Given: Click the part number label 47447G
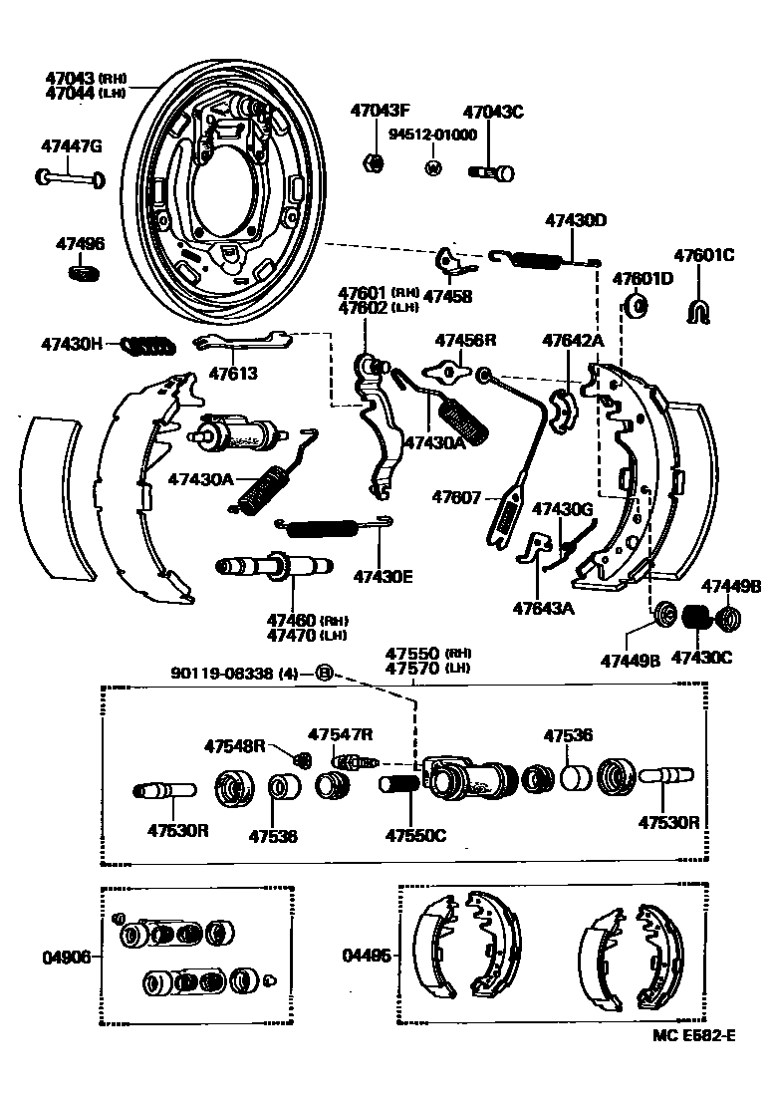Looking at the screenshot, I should [x=72, y=146].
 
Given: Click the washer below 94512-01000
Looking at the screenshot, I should [x=433, y=166].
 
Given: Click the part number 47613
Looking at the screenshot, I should [x=232, y=375].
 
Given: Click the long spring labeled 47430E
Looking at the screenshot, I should [x=335, y=524].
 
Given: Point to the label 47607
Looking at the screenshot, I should [x=457, y=496].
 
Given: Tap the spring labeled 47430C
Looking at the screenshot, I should [x=698, y=619].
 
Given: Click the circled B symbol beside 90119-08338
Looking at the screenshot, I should [x=324, y=673].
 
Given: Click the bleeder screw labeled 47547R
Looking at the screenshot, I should [x=353, y=762].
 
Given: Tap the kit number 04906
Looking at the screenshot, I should [x=65, y=958].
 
